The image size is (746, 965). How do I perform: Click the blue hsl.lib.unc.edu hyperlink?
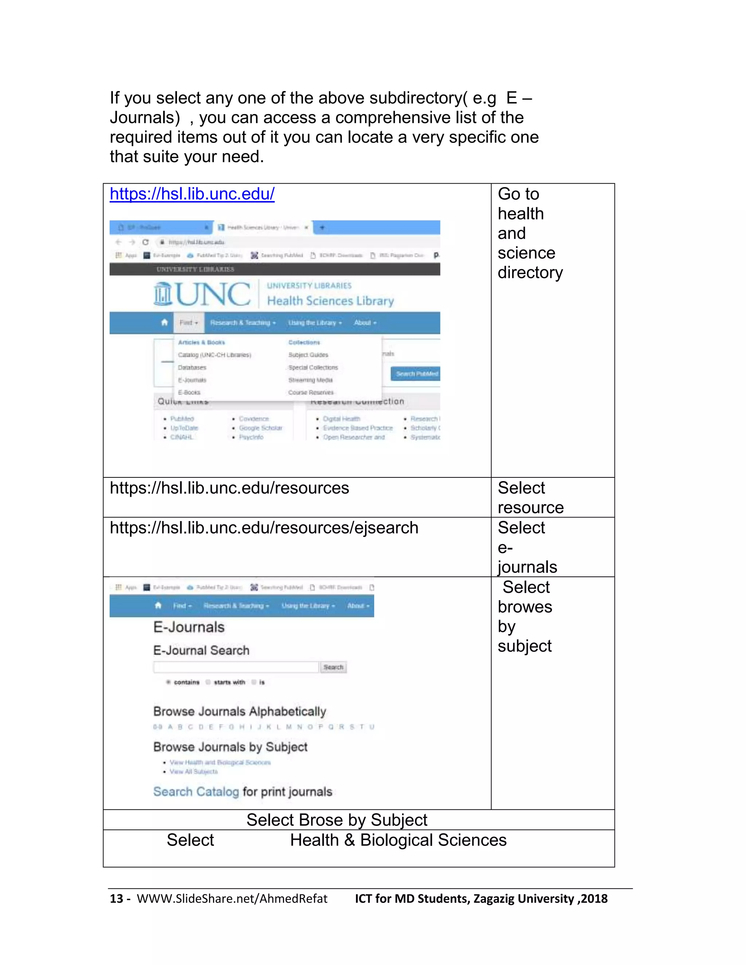[x=192, y=194]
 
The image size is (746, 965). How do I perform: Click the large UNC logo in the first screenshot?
[x=203, y=294]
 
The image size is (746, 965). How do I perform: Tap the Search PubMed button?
[x=415, y=374]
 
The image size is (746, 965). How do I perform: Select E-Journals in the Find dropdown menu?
[x=192, y=380]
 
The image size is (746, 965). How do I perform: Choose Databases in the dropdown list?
[x=192, y=368]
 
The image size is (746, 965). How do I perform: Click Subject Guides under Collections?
[x=308, y=355]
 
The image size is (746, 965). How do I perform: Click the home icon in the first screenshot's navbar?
[x=164, y=323]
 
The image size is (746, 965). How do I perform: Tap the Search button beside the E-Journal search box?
[x=333, y=667]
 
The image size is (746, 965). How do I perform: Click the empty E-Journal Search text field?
[x=236, y=667]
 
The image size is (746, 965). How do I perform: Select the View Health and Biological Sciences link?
[x=220, y=762]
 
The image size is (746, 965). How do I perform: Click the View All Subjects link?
[x=193, y=772]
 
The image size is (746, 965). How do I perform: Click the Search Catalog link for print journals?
[x=196, y=791]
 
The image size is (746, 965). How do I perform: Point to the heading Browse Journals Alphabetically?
[x=240, y=712]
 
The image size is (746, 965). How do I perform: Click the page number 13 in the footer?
[x=116, y=898]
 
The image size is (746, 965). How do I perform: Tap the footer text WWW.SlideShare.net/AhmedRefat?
[x=232, y=898]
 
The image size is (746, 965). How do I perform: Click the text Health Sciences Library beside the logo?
[x=330, y=301]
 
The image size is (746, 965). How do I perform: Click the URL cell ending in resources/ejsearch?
[x=264, y=528]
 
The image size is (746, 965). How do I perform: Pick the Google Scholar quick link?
[x=260, y=428]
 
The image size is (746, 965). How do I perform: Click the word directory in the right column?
[x=530, y=273]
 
